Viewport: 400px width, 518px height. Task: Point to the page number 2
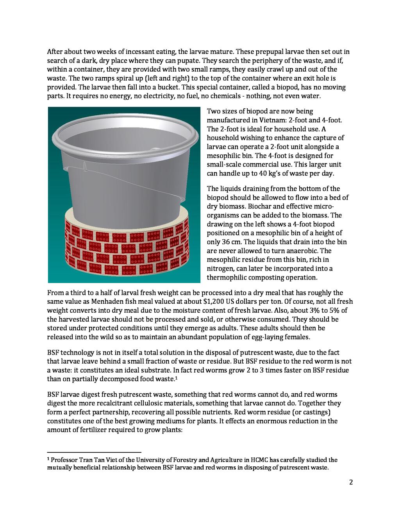[x=351, y=482]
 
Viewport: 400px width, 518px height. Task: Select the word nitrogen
[x=220, y=269]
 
